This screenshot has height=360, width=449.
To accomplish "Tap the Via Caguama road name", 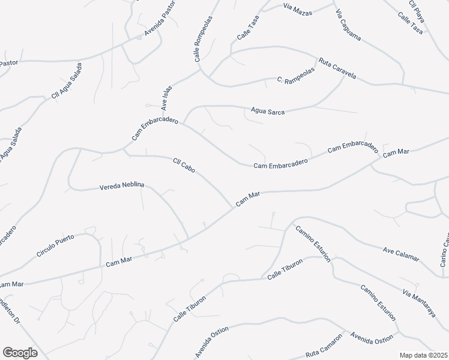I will click(348, 25).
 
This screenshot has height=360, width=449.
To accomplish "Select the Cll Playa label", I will click(417, 12).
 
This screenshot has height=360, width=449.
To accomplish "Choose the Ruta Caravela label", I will click(337, 68).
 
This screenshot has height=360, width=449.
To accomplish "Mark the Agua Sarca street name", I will click(267, 110).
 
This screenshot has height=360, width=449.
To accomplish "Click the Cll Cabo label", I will click(184, 166).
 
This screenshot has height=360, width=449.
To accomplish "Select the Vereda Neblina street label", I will click(122, 187).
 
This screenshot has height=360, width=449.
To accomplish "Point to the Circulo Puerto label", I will click(55, 245).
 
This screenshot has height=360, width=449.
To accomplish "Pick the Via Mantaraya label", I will click(418, 303).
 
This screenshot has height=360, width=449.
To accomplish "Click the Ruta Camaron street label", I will click(324, 354).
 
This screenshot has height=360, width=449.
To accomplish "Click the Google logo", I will click(20, 353).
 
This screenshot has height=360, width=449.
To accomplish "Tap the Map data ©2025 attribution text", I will click(423, 355).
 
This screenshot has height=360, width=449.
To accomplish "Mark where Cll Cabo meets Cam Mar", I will click(231, 206).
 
